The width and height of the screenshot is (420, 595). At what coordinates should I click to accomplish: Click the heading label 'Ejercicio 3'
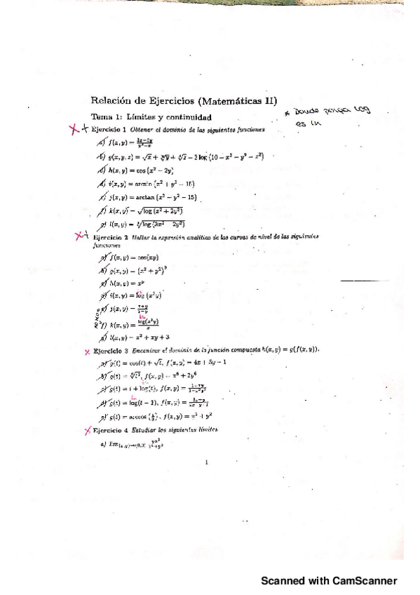pyautogui.click(x=113, y=349)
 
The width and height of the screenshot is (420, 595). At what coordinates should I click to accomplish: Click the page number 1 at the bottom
pyautogui.click(x=207, y=463)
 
